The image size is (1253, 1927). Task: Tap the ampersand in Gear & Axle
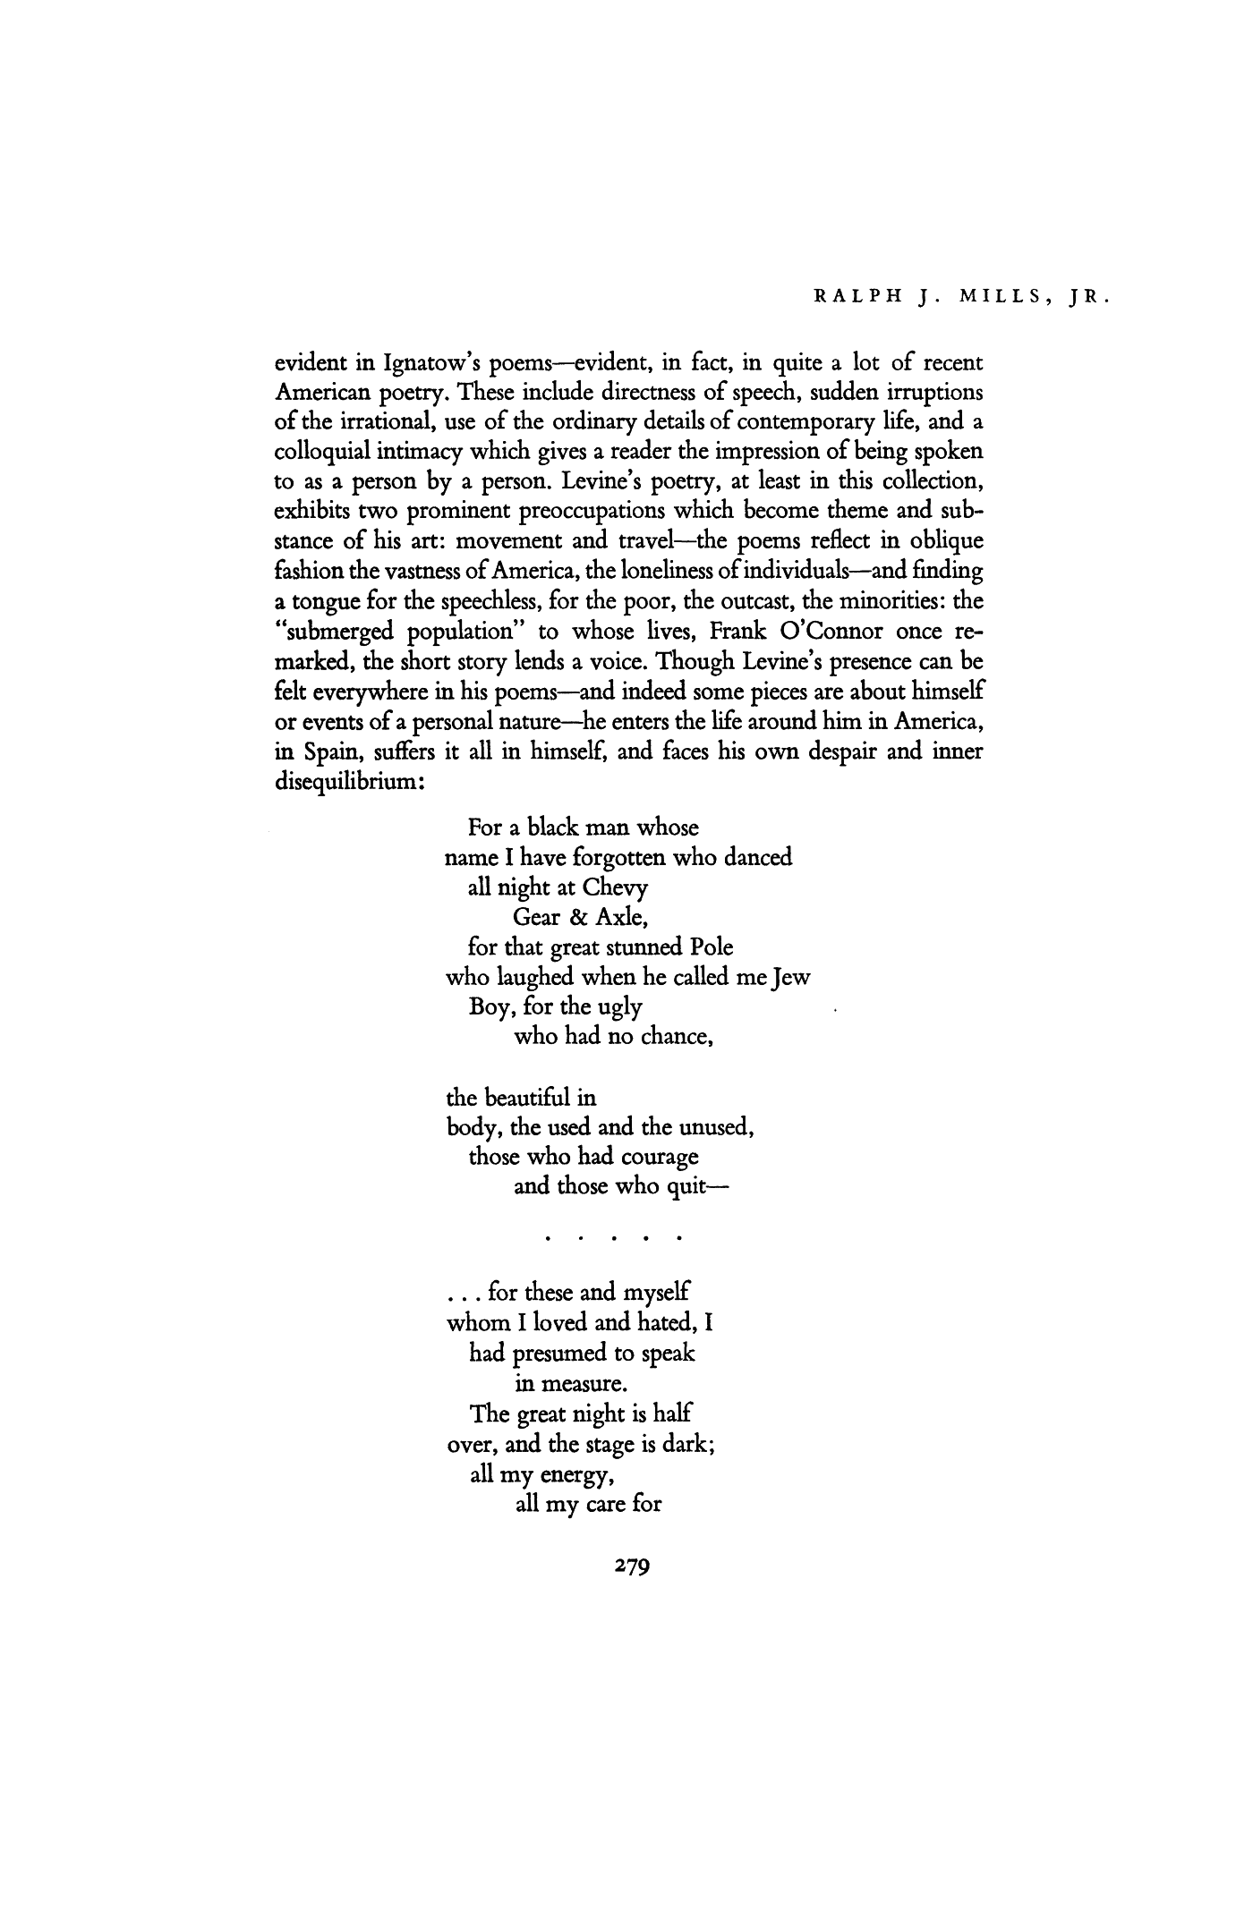coord(574,919)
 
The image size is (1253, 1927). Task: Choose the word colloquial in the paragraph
coord(323,454)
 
